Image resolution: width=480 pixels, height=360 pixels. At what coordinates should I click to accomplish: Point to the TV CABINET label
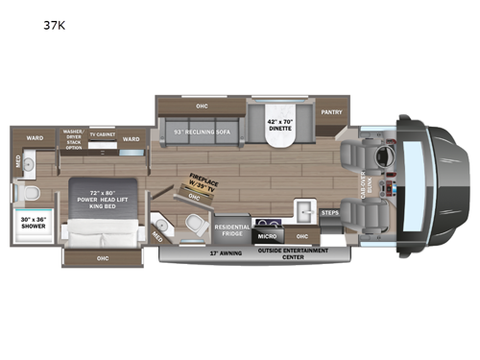coord(103,135)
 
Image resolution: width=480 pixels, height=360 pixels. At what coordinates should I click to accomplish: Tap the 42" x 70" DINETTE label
coord(279,129)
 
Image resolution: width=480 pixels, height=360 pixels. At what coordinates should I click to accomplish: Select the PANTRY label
coord(332,111)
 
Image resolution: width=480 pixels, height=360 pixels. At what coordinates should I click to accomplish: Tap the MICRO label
coord(268,235)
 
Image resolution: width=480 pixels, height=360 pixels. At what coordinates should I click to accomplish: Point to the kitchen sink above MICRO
coord(306,211)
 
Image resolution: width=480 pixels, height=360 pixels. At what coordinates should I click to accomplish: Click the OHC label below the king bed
coord(102,258)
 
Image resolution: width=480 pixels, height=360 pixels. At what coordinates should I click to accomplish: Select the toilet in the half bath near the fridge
coord(196,226)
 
